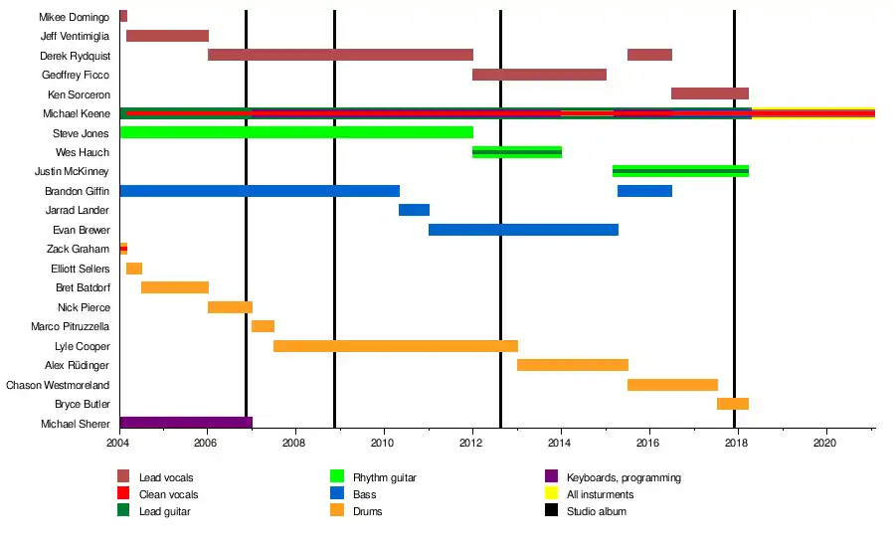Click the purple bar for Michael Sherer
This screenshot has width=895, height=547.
186,423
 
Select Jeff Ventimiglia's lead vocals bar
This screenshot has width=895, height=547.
167,36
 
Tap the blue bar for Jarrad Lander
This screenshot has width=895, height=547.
414,210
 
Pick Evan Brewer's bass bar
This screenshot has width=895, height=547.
523,230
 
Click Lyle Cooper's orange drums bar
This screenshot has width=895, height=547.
396,346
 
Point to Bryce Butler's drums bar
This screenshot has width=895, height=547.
733,404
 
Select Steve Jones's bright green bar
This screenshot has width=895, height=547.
296,132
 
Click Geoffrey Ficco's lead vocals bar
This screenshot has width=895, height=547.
539,75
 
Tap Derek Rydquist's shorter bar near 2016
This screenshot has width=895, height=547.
649,55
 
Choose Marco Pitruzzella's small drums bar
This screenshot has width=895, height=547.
264,326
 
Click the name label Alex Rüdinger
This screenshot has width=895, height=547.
77,365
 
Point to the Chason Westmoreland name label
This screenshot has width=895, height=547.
58,385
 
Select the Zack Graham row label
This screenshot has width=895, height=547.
79,249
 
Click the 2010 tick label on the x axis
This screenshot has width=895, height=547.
382,443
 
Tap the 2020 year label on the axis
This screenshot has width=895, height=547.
824,443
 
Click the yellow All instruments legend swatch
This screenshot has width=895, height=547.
551,492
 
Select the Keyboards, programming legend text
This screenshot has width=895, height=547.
624,477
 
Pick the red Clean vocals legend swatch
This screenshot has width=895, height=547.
123,492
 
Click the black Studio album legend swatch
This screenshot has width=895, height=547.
551,510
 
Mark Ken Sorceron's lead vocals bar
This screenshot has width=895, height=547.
710,93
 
